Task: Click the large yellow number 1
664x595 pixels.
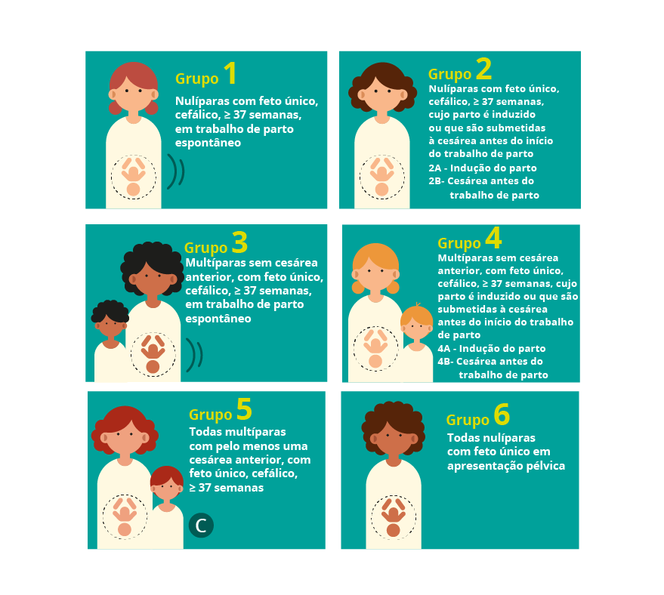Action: click(x=230, y=72)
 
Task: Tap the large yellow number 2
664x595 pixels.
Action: click(x=483, y=69)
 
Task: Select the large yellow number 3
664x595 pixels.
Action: click(x=239, y=242)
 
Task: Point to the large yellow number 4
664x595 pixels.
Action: click(x=493, y=238)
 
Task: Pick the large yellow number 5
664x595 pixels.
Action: click(x=244, y=408)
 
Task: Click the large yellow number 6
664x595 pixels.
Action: click(x=502, y=415)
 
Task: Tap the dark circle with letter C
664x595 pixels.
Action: click(x=201, y=526)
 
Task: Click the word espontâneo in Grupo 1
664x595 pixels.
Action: click(x=208, y=143)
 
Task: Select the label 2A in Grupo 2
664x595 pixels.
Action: click(x=434, y=168)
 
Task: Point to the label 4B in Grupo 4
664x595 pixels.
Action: click(x=445, y=362)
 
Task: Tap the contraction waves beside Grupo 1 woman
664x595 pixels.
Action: click(x=176, y=171)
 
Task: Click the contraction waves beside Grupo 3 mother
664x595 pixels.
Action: click(x=194, y=355)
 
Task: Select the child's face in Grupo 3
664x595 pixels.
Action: click(x=110, y=325)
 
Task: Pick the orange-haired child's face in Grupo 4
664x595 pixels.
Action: click(x=417, y=327)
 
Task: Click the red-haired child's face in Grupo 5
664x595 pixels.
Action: click(x=167, y=488)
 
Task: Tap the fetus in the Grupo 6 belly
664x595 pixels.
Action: click(x=394, y=517)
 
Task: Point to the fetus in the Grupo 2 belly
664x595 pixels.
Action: click(x=382, y=177)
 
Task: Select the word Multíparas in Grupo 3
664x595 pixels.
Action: click(x=214, y=263)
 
